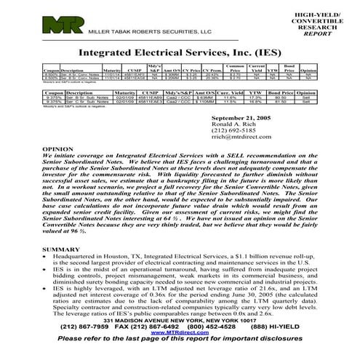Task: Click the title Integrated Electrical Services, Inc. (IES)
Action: tap(180, 53)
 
